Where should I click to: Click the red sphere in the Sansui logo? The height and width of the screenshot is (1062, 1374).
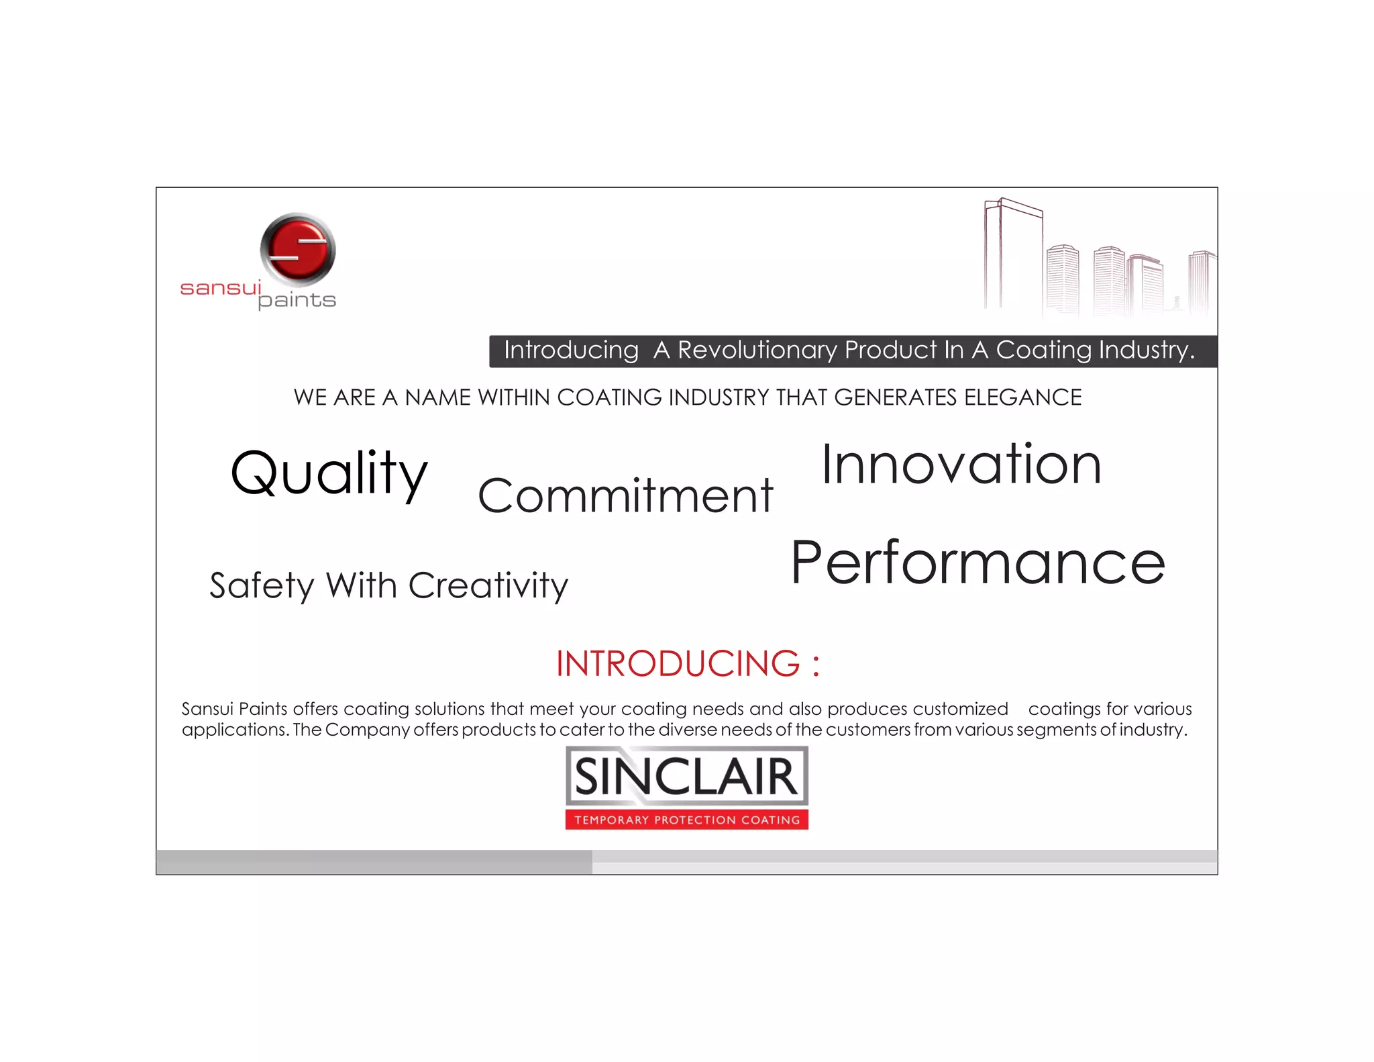point(298,250)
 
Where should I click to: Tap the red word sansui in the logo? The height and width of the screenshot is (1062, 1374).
point(220,288)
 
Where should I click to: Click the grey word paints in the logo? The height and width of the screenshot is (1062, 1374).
point(297,300)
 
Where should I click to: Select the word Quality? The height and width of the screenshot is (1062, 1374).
point(329,473)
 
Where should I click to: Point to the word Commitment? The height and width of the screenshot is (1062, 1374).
point(625,496)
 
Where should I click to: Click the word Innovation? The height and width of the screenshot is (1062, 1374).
point(961,465)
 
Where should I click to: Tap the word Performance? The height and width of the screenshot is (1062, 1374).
point(977,563)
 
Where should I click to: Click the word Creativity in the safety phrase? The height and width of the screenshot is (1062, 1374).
point(488,585)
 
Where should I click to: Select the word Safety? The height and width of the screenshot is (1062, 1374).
point(262,585)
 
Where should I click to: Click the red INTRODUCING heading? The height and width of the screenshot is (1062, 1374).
point(687,663)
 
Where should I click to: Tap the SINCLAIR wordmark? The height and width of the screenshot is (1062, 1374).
point(686,777)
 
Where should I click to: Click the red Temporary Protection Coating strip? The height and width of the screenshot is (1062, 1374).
point(686,820)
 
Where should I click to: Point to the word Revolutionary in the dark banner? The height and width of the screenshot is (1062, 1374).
point(757,350)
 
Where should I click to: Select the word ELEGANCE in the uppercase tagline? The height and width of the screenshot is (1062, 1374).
point(1022,397)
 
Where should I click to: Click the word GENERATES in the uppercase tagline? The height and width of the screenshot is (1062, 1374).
point(895,397)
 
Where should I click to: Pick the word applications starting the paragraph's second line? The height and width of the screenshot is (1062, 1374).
point(235,730)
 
